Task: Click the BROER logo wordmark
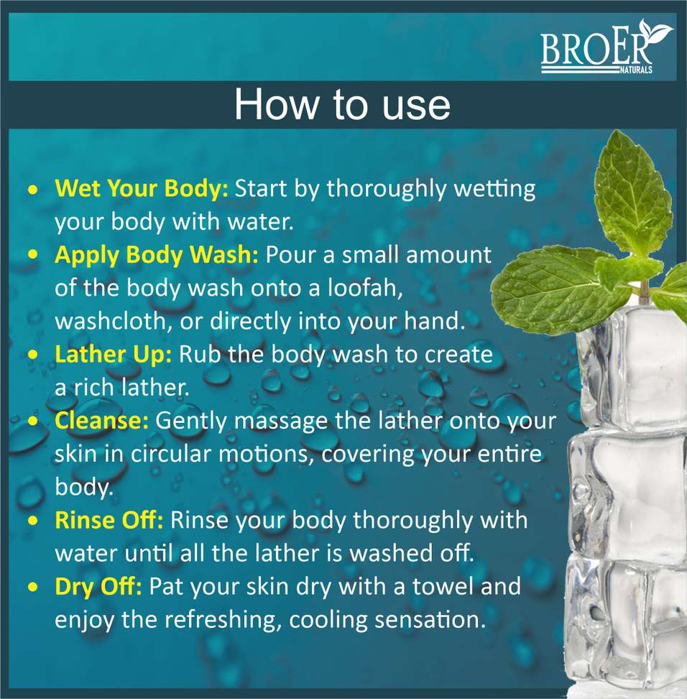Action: (x=596, y=48)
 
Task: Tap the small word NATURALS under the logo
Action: (x=636, y=70)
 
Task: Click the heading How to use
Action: (x=342, y=104)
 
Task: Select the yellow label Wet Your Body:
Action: (x=142, y=189)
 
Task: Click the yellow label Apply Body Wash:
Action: (x=157, y=255)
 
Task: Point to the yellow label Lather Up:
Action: (x=113, y=355)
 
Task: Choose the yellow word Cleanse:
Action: (x=101, y=421)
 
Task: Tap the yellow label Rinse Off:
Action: (x=109, y=520)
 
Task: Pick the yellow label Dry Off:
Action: (x=98, y=587)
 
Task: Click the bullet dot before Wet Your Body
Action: (x=32, y=189)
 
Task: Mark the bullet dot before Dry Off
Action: (x=32, y=587)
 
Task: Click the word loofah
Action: (x=365, y=288)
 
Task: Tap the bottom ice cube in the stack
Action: (x=626, y=624)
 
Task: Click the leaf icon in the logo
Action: (x=655, y=31)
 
